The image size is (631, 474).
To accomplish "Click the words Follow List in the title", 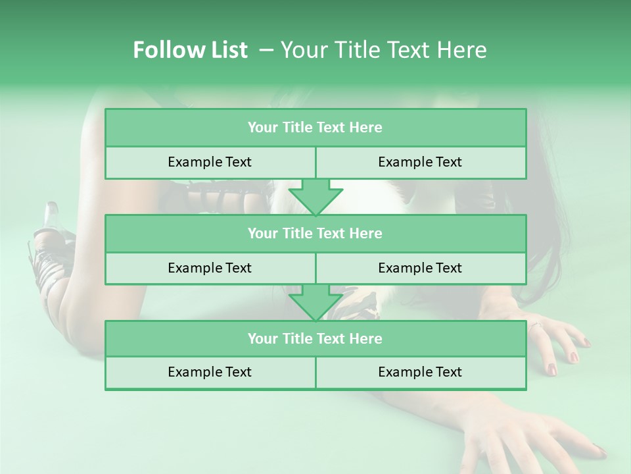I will (190, 50).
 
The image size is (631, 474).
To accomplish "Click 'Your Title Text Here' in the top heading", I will (383, 50).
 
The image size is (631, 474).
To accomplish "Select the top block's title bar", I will (315, 128).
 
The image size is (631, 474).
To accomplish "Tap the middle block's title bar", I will (315, 234).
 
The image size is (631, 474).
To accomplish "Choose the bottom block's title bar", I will (315, 339).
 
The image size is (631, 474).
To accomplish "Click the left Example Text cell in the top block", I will (210, 163).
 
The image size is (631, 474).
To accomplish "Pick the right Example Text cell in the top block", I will (421, 163).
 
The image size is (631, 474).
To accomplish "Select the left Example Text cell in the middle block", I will (210, 268).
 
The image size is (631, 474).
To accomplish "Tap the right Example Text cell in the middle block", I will (421, 268).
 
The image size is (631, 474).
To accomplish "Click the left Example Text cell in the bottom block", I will (210, 373).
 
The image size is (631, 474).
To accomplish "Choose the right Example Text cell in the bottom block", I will (421, 373).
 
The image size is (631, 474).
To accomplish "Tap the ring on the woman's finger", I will (535, 325).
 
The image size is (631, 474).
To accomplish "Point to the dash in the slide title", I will (267, 50).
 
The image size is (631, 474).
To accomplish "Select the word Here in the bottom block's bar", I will (366, 339).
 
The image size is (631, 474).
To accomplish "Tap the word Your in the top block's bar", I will (263, 128).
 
